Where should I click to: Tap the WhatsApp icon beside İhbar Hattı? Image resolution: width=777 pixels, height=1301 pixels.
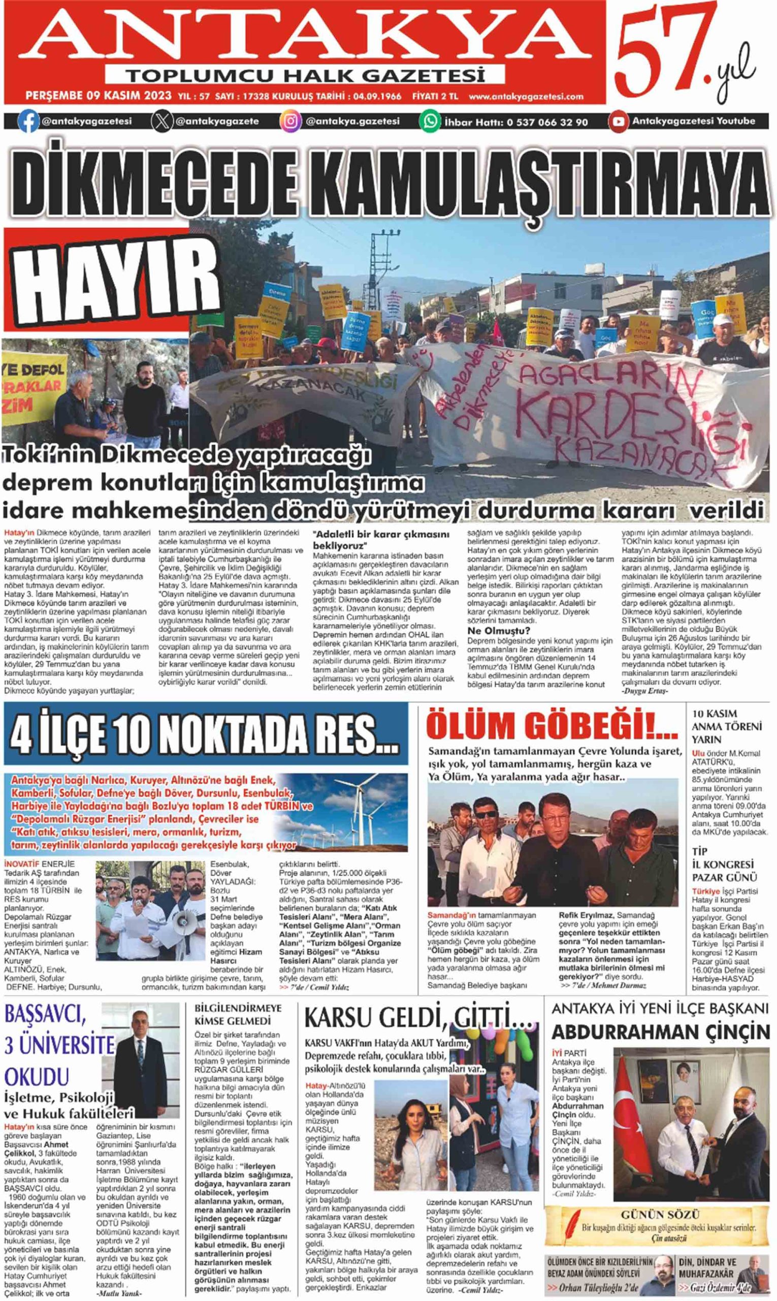tap(430, 121)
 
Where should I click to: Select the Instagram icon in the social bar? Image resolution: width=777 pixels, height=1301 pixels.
tap(290, 121)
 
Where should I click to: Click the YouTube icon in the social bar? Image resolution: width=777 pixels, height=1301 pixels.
tap(618, 121)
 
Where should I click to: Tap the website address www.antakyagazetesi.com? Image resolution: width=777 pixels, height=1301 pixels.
tap(526, 97)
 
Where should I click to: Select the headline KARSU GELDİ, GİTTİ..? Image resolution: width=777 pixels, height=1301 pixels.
tap(419, 1018)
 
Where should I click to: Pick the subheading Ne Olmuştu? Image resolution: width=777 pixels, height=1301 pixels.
tap(499, 631)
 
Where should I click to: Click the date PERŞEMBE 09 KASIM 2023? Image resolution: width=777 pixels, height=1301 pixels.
tap(99, 96)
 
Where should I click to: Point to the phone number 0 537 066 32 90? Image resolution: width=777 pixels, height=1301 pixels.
tap(546, 122)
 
